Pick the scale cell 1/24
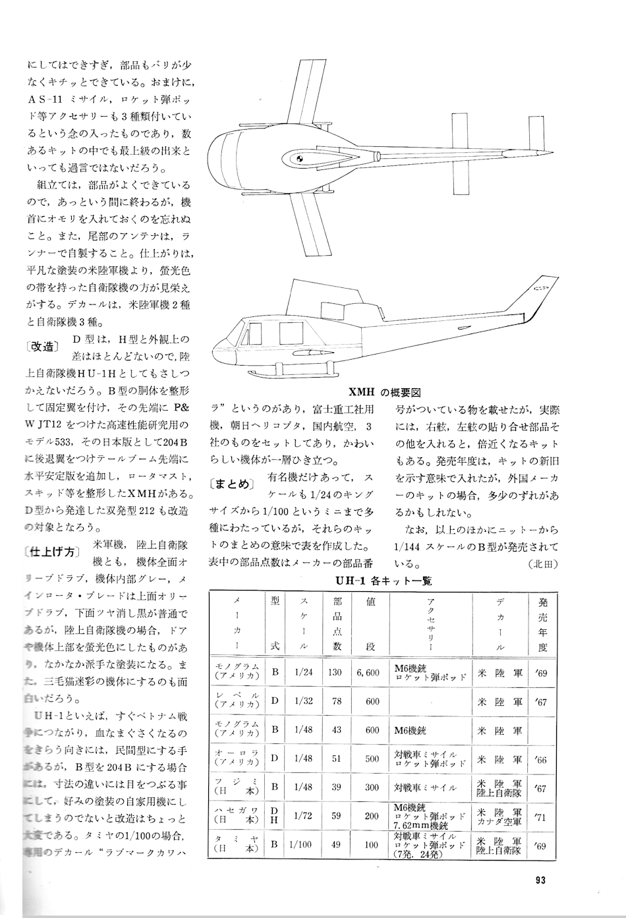[304, 673]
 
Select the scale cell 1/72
[303, 815]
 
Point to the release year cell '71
[542, 815]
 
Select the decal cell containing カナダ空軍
[499, 815]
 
